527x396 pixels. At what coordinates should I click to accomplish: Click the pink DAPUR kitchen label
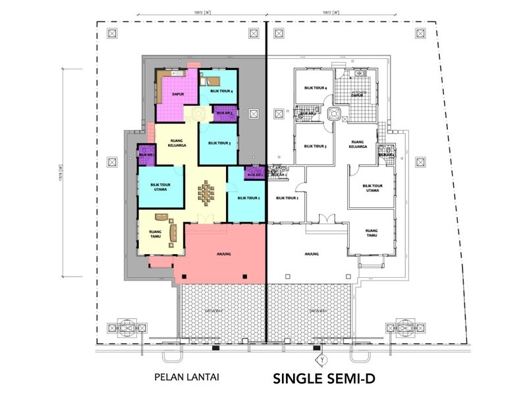(177, 94)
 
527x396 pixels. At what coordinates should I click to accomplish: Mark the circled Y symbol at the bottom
(322, 360)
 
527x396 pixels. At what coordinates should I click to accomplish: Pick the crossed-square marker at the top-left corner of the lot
(110, 34)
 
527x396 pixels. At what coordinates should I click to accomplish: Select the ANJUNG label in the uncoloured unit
(312, 253)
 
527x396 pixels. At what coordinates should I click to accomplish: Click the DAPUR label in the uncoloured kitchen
(357, 95)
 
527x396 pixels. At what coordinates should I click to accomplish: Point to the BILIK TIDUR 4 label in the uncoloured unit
(316, 87)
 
